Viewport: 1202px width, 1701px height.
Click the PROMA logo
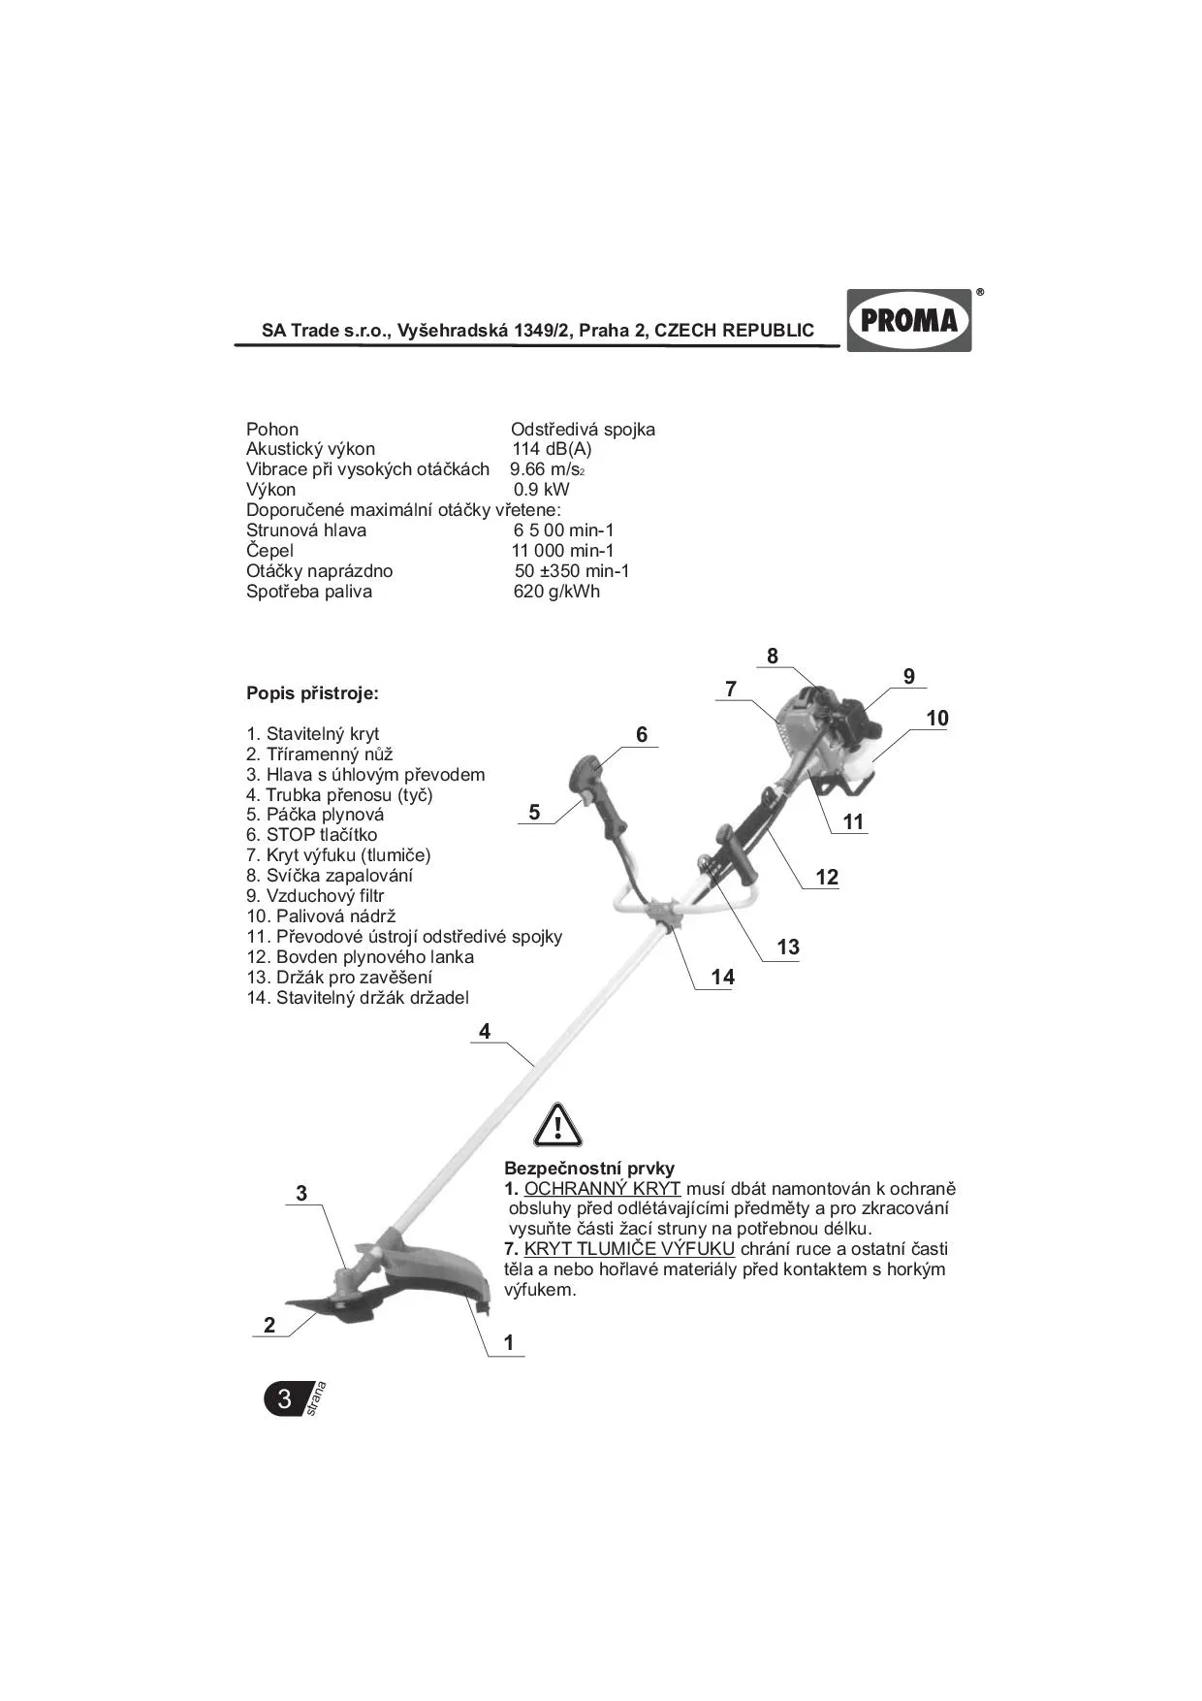pyautogui.click(x=909, y=320)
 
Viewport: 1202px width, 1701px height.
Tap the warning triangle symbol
pyautogui.click(x=557, y=1127)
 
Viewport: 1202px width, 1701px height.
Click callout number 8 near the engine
pyautogui.click(x=772, y=657)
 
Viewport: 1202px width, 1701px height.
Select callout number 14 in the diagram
pyautogui.click(x=723, y=978)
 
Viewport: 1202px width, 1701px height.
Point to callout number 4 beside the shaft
pyautogui.click(x=485, y=1032)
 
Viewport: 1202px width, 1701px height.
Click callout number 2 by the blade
pyautogui.click(x=269, y=1326)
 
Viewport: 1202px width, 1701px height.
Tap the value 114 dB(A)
pyautogui.click(x=552, y=449)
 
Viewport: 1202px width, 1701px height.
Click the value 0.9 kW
pyautogui.click(x=542, y=490)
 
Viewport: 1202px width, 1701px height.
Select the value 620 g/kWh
pyautogui.click(x=556, y=592)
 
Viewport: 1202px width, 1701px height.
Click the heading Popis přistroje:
pyautogui.click(x=312, y=693)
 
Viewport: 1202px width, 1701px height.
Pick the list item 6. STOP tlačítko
pyautogui.click(x=311, y=835)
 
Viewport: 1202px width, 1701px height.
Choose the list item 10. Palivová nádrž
pyautogui.click(x=321, y=916)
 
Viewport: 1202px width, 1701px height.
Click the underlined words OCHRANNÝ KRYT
pyautogui.click(x=602, y=1189)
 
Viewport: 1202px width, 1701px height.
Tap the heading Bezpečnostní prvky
pyautogui.click(x=589, y=1169)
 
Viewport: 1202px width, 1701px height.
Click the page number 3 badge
pyautogui.click(x=284, y=1398)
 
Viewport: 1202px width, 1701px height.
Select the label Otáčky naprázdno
pyautogui.click(x=319, y=571)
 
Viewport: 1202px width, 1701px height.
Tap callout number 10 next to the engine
pyautogui.click(x=937, y=719)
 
